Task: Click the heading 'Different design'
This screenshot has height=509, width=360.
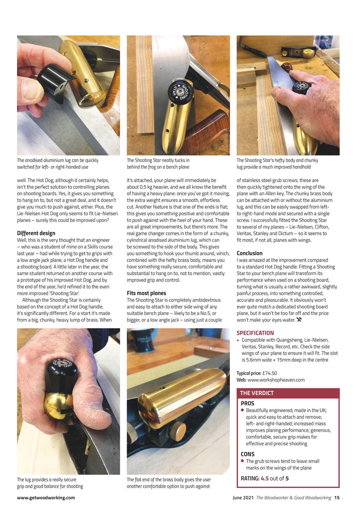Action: (36, 233)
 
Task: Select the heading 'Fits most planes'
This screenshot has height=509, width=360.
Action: (146, 293)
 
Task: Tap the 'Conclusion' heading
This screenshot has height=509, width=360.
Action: (249, 253)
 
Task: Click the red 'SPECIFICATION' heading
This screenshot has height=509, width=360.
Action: (255, 333)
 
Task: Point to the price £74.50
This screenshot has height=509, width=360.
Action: (270, 373)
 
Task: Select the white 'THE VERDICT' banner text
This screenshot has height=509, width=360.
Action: (257, 393)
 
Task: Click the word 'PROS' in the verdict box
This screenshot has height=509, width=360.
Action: (247, 403)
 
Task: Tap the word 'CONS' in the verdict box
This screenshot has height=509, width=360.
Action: (247, 454)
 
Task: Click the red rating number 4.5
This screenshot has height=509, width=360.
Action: (265, 478)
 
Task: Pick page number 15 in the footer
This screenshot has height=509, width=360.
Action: (337, 497)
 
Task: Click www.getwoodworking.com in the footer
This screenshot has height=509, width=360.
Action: (46, 497)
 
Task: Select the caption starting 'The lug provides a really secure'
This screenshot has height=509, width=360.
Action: (50, 483)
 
